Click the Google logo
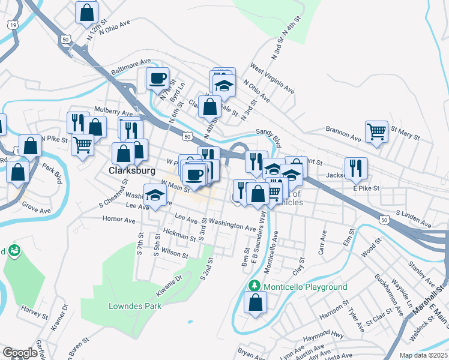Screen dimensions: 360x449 click(20, 353)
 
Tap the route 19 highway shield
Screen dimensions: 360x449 click(12, 25)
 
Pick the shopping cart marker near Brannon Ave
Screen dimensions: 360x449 click(376, 131)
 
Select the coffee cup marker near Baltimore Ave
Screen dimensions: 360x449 click(158, 78)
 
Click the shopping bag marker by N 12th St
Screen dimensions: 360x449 click(87, 11)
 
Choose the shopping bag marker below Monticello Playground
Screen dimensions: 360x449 click(256, 302)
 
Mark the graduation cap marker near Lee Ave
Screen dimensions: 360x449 click(155, 195)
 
